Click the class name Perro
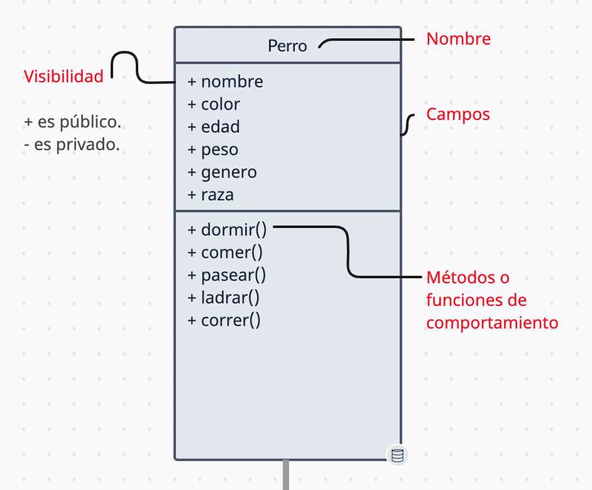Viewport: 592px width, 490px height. tap(287, 46)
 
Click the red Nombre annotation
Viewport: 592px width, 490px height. tap(458, 39)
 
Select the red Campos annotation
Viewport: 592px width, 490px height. tap(458, 114)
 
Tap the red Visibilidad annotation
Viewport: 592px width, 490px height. tap(63, 77)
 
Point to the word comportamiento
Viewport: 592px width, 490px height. tap(492, 323)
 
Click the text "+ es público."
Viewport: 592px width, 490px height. tap(72, 121)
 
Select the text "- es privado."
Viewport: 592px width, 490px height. tap(71, 144)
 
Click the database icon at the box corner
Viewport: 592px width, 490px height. tap(397, 455)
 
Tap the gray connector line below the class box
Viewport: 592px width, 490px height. tap(286, 475)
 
